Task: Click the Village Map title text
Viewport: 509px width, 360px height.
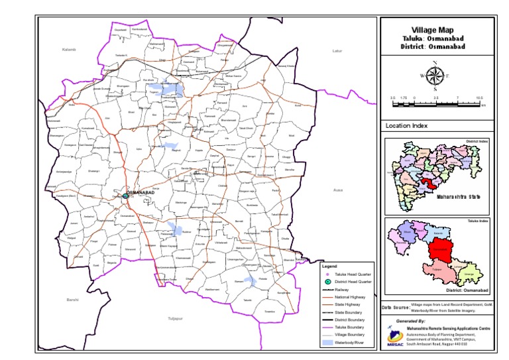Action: [433, 30]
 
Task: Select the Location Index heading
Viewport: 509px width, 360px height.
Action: [406, 125]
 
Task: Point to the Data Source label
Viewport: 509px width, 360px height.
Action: [395, 308]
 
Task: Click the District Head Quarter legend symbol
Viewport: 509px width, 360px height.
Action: [327, 282]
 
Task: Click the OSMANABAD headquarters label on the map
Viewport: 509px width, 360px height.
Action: [140, 193]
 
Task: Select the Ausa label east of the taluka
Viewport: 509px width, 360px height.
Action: [337, 190]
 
